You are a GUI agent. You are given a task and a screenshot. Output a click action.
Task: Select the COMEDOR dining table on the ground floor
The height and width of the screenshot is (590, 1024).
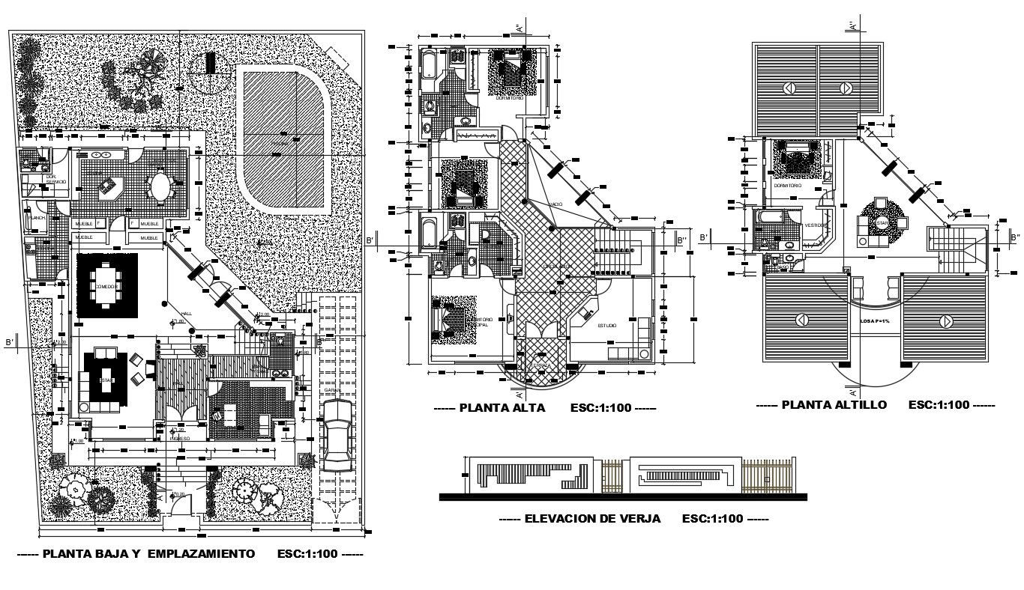click(x=106, y=286)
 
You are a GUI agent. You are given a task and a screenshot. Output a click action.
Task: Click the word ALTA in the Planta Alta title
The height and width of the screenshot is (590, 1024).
click(x=529, y=408)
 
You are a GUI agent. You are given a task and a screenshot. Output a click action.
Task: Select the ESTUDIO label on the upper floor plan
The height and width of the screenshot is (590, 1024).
click(x=606, y=326)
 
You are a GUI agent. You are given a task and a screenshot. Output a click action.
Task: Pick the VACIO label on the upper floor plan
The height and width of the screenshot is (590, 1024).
click(x=555, y=204)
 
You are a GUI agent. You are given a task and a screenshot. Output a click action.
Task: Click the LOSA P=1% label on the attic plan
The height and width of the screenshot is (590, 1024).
click(x=874, y=320)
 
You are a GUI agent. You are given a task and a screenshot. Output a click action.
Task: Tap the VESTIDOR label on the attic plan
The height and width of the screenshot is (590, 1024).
click(x=816, y=225)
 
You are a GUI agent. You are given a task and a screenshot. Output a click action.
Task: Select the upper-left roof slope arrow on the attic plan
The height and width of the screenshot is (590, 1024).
click(x=789, y=88)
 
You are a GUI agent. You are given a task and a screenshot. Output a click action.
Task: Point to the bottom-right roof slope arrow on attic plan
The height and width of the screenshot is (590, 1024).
click(x=945, y=320)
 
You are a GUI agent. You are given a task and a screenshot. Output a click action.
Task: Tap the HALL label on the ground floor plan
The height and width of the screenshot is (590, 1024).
click(x=186, y=313)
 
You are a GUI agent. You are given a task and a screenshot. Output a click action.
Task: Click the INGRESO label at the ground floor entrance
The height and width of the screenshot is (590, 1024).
click(x=179, y=438)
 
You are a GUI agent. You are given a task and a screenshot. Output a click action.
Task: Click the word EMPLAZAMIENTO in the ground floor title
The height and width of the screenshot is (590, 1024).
click(x=201, y=554)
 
